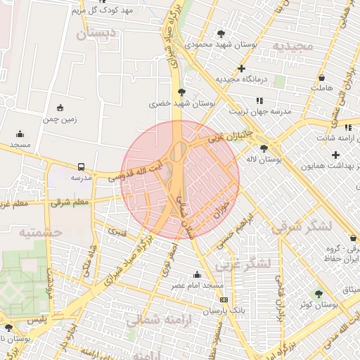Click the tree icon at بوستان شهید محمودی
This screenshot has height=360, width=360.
(x=221, y=34)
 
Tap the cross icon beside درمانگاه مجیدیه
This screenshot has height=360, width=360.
(x=242, y=69)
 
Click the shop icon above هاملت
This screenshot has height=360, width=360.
(x=321, y=78)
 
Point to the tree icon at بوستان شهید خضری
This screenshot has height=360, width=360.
(x=182, y=92)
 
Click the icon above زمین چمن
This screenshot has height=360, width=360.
(x=60, y=108)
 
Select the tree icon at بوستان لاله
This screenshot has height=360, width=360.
(x=264, y=148)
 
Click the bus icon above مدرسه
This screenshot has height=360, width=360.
(x=82, y=167)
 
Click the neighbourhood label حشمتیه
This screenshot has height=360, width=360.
(x=40, y=231)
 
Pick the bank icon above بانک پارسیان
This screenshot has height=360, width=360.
(x=224, y=300)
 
